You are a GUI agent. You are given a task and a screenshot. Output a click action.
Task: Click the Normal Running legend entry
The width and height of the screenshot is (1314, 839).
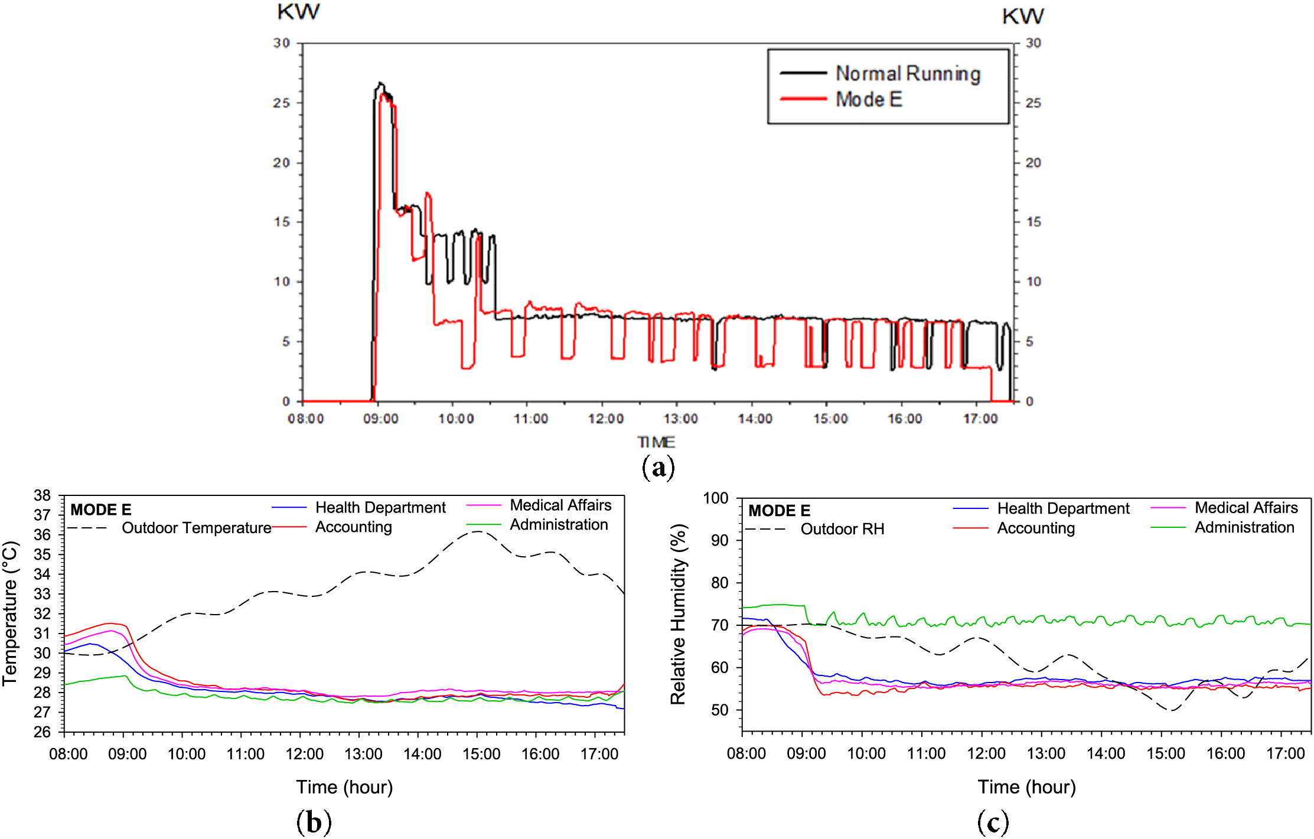point(908,74)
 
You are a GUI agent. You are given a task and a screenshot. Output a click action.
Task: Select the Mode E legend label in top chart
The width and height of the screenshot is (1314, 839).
point(869,99)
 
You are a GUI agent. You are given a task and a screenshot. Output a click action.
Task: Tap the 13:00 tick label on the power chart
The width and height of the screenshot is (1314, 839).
point(680,419)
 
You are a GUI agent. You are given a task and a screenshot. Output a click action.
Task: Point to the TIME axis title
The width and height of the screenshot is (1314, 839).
point(656,442)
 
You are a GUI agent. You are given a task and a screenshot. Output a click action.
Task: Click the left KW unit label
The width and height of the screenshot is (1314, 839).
point(298,12)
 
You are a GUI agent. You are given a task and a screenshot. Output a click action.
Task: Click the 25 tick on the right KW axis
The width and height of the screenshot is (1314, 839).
point(1033,103)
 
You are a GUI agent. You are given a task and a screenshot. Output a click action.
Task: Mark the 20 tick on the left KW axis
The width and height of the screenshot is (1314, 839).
point(281,162)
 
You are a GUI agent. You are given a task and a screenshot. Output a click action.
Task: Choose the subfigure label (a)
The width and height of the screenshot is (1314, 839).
point(657,467)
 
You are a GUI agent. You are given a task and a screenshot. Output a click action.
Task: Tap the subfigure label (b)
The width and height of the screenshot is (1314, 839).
point(314,821)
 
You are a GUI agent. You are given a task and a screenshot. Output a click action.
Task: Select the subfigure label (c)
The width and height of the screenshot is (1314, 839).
point(993,821)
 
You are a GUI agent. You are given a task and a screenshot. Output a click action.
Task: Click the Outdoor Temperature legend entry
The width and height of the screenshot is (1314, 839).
point(196,528)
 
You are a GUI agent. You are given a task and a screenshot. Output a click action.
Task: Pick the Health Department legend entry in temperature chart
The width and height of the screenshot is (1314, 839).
point(380,507)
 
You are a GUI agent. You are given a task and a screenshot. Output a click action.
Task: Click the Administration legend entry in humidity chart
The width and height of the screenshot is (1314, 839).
point(1244,527)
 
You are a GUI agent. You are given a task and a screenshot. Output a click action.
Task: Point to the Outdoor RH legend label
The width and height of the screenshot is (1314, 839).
point(842,529)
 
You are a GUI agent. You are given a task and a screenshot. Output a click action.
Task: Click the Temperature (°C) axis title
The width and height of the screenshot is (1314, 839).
point(11,614)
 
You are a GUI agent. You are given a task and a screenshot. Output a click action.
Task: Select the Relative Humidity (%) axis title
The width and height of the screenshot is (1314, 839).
point(678,614)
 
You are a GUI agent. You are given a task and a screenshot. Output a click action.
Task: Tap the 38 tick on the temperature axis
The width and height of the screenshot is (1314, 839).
point(43,495)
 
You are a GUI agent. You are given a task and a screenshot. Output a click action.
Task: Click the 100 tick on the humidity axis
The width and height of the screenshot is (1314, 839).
point(716,498)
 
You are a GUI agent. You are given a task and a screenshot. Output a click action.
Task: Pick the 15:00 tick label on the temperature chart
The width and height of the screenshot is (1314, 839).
point(481,754)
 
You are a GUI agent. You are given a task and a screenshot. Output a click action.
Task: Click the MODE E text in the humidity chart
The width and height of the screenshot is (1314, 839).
point(779,511)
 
